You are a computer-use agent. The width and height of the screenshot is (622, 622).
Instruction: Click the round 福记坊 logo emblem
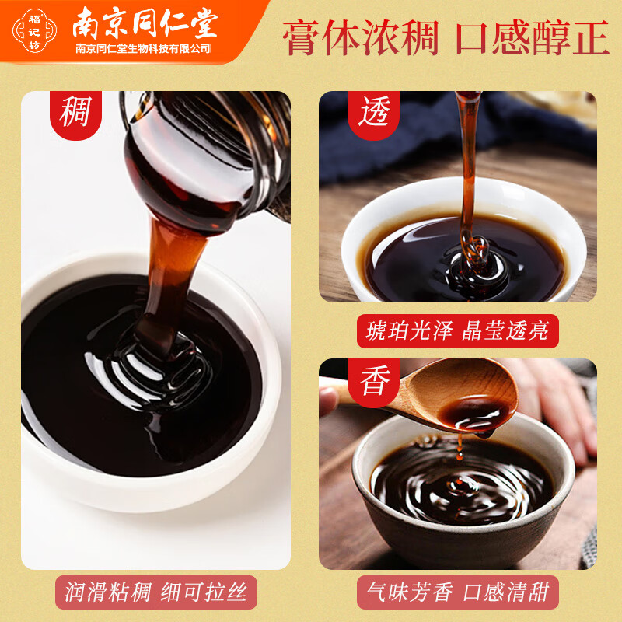(33, 32)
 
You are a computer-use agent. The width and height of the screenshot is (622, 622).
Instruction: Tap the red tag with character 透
(373, 112)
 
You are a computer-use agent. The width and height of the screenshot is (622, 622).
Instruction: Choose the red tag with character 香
(373, 381)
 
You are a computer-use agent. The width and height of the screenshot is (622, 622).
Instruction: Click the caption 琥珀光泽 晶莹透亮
(457, 331)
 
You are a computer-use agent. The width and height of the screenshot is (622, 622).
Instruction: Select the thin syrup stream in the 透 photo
(468, 171)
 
